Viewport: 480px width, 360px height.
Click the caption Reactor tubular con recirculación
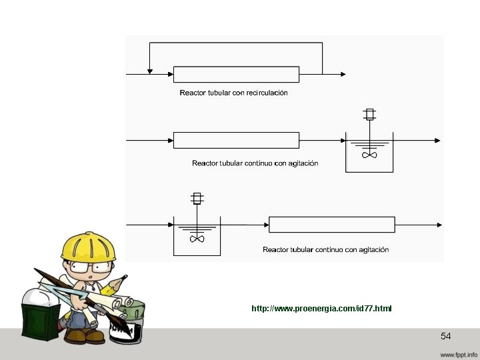[233, 93]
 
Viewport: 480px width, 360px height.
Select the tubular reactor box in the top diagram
[236, 74]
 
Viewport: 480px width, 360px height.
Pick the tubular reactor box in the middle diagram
[236, 140]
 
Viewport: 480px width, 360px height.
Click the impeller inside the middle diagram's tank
[369, 155]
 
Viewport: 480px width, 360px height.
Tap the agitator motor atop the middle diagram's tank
[369, 114]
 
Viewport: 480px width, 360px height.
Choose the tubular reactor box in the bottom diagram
[331, 225]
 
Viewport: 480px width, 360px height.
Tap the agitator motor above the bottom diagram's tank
[197, 198]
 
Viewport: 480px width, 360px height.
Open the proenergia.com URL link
[321, 309]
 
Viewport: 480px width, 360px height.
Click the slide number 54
[446, 336]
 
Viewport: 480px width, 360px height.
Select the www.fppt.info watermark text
[457, 353]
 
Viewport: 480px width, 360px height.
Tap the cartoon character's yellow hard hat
[88, 247]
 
